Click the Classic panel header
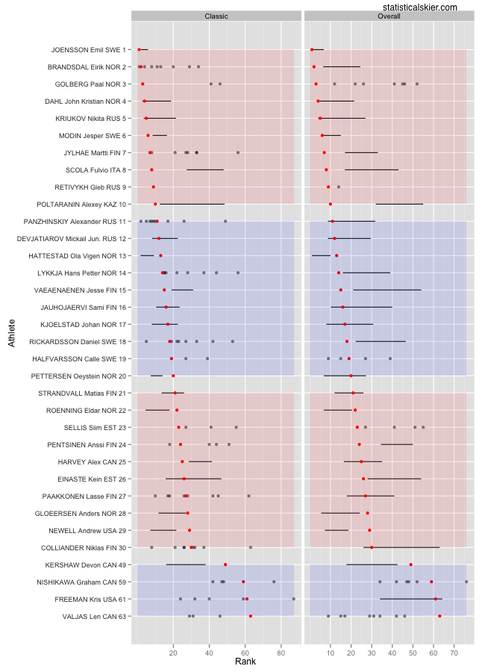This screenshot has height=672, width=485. pos(216,16)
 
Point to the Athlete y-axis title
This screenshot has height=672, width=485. pos(11,332)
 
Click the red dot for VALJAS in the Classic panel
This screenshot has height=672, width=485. pos(251,616)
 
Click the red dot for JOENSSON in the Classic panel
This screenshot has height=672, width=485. pos(139,50)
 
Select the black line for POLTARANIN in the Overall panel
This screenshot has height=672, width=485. pos(399,204)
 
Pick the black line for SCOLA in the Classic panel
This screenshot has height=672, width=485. pos(205,169)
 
